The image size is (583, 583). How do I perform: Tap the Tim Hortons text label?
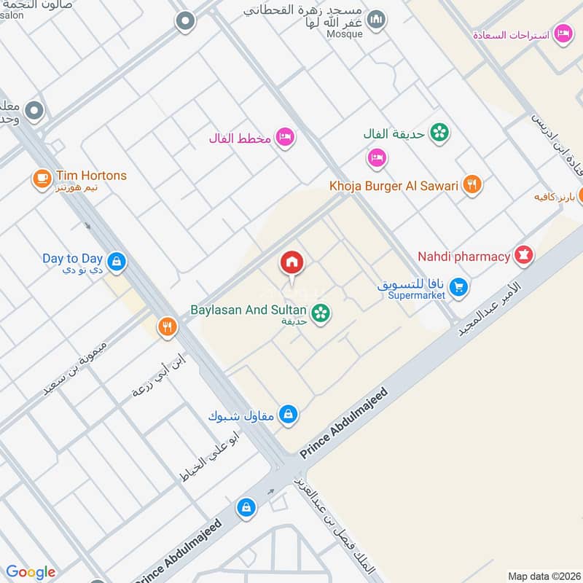point(90,176)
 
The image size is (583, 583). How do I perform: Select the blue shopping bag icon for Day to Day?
point(115,260)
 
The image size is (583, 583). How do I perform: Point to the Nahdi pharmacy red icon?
point(523,256)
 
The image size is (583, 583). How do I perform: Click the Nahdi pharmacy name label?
point(463,257)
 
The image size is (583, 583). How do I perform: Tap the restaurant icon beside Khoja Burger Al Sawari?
point(472,185)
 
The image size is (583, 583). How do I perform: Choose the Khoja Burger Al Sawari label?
point(394,186)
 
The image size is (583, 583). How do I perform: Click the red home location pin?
point(292,263)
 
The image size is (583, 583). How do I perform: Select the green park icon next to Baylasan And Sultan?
point(319,313)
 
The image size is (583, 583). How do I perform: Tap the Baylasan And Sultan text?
point(249,310)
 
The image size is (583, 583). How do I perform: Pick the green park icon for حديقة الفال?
point(439,133)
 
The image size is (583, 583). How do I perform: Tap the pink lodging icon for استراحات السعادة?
point(562,34)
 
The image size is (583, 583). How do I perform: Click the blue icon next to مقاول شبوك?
point(289,414)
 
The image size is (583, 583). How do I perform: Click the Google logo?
point(31,572)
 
